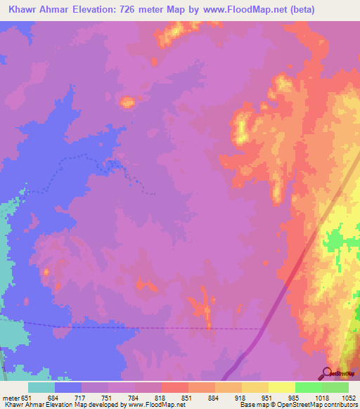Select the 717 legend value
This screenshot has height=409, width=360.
[82, 397]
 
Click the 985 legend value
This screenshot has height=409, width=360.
[295, 397]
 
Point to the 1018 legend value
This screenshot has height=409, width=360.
[321, 397]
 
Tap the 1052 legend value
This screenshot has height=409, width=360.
[347, 397]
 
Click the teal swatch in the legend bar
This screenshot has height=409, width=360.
[41, 387]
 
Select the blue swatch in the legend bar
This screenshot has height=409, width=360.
[68, 387]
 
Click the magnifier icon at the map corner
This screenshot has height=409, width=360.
[326, 372]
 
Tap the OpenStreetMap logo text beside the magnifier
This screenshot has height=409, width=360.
[344, 374]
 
